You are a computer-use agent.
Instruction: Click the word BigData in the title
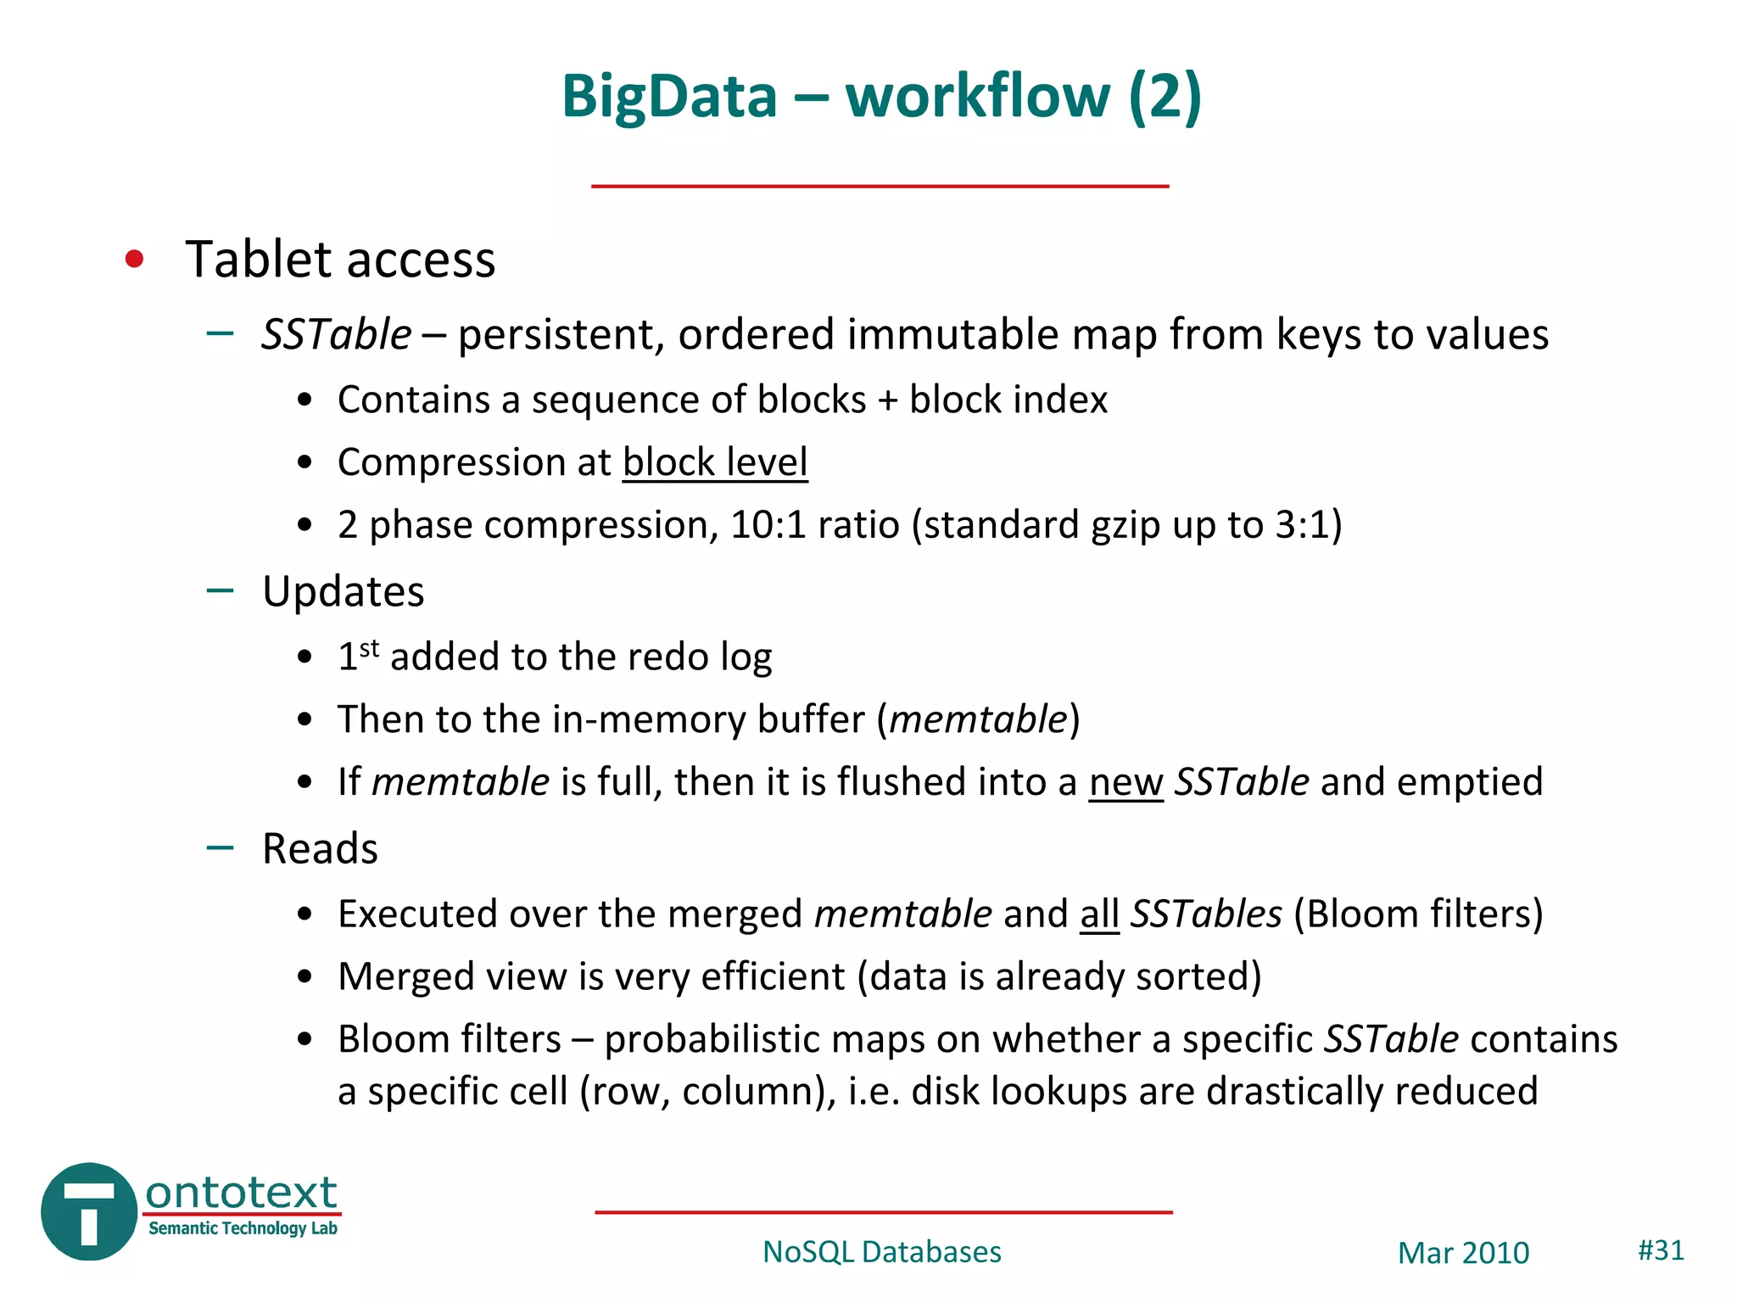(669, 96)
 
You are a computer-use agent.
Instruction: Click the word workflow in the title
(977, 96)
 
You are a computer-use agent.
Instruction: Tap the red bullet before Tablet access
(134, 259)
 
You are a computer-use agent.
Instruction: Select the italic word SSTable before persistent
(337, 334)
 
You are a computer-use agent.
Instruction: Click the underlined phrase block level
(715, 463)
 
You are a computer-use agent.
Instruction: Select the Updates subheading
(343, 591)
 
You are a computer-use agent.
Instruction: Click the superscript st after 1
(369, 648)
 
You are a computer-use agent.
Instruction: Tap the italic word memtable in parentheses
(977, 719)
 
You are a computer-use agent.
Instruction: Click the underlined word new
(1125, 783)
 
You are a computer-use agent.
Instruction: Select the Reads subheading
(320, 848)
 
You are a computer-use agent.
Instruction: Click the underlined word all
(1099, 914)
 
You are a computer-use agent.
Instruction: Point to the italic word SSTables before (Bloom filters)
(1206, 914)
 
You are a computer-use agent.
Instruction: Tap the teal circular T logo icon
(89, 1211)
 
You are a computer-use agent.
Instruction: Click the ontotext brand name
(242, 1193)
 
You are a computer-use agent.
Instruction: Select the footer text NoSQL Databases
(882, 1252)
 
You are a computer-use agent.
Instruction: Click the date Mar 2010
(1463, 1253)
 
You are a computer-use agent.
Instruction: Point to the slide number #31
(1661, 1250)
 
